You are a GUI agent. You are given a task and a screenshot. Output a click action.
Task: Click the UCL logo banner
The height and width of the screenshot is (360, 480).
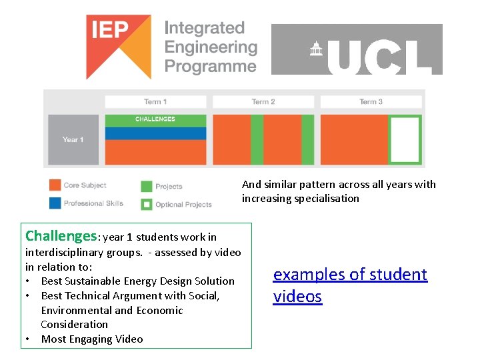[x=357, y=49]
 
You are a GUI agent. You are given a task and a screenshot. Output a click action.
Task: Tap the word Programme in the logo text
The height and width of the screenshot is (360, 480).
[x=211, y=66]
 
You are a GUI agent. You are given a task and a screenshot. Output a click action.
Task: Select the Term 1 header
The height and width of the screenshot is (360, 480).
[x=155, y=101]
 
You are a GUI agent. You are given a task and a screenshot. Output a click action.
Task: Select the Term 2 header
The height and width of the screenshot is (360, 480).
[x=263, y=101]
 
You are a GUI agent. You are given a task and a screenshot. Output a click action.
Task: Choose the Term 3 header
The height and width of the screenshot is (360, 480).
[x=371, y=101]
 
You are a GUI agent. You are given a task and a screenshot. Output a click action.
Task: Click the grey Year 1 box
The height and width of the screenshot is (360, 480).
[x=73, y=139]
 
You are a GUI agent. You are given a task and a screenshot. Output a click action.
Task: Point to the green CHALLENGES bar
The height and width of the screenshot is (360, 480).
[x=155, y=120]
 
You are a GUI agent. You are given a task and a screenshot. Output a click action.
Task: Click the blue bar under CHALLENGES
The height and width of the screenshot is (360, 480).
[x=155, y=133]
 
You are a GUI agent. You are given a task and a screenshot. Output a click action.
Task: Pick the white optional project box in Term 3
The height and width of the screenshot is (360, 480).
[x=405, y=140]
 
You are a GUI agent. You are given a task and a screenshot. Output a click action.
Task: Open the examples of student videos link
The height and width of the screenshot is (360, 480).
[x=350, y=285]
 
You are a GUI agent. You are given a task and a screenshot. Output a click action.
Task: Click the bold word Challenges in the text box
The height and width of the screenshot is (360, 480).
[x=61, y=236]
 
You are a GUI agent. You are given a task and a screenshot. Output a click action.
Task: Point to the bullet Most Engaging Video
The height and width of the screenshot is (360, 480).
[x=92, y=339]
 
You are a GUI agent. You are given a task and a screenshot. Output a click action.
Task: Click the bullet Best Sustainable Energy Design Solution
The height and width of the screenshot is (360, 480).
[x=137, y=281]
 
